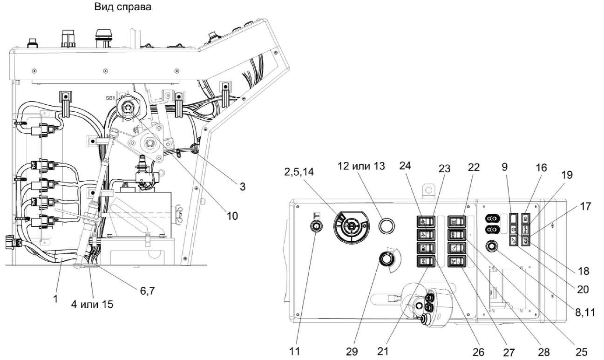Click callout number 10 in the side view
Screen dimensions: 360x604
tap(231, 216)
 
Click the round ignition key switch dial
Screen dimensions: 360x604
tap(351, 227)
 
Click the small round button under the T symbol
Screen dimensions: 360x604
tap(316, 227)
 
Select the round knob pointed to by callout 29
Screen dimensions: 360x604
tap(385, 258)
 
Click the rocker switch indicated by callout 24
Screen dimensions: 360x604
tap(425, 222)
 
